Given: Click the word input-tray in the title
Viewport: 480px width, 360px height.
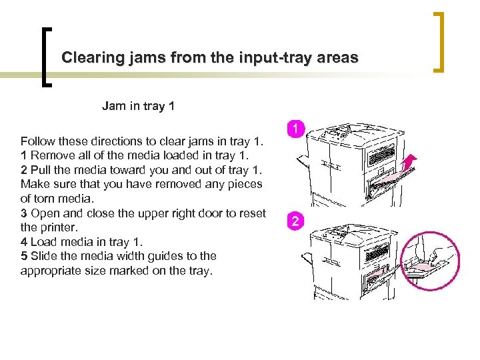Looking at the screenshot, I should [x=262, y=58].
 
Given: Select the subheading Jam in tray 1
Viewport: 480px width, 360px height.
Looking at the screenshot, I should [x=138, y=106].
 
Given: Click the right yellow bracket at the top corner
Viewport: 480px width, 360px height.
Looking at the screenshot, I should [x=440, y=41].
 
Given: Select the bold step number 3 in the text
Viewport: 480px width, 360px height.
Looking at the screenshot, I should [x=24, y=213].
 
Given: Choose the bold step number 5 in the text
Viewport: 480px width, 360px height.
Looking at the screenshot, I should [x=24, y=256].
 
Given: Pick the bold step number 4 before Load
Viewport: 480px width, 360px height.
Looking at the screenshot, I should [x=24, y=241].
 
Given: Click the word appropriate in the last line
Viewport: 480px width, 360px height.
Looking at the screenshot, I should [x=51, y=271].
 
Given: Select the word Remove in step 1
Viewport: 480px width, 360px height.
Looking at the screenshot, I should [x=51, y=156].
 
